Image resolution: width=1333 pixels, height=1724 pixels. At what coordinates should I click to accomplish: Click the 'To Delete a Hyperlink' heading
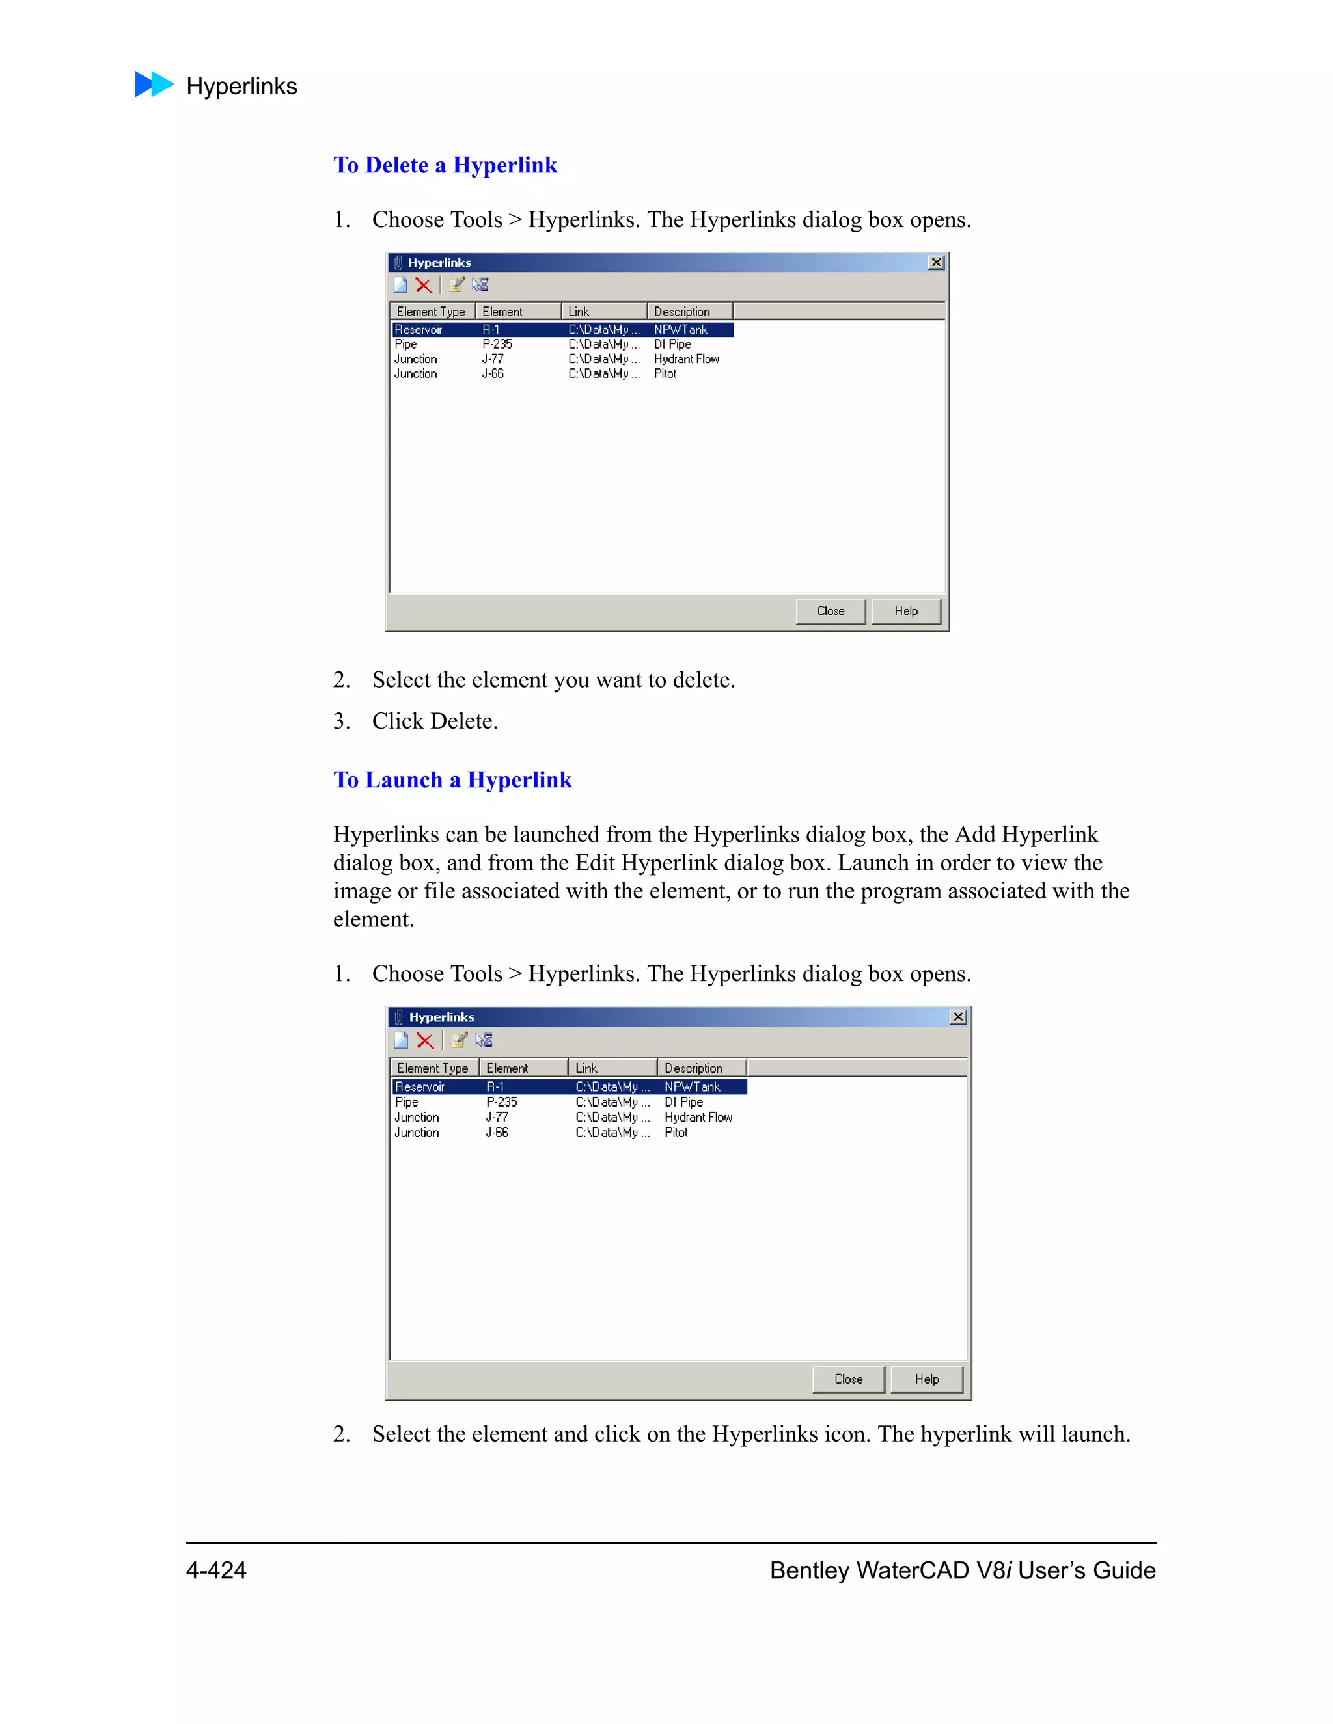click(x=445, y=165)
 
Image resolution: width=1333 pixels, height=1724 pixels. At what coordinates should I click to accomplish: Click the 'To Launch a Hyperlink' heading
click(x=452, y=780)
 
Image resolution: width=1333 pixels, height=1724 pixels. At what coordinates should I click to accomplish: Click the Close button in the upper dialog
click(x=830, y=611)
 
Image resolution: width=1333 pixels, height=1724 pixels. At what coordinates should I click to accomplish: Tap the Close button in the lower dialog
click(x=848, y=1379)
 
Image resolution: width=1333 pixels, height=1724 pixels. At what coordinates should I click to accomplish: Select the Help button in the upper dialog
click(x=906, y=611)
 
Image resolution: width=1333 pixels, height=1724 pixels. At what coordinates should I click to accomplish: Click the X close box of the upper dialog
click(x=936, y=262)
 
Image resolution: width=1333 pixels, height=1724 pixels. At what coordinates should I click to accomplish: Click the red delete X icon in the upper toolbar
click(x=423, y=285)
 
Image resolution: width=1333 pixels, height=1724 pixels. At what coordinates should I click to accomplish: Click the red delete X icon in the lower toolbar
click(x=425, y=1040)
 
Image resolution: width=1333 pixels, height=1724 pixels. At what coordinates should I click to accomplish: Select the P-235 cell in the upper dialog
click(x=497, y=344)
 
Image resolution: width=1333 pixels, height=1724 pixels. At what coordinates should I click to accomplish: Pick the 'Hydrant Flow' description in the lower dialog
click(x=698, y=1117)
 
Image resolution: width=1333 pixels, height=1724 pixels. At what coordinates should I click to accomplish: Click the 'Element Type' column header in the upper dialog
click(x=430, y=312)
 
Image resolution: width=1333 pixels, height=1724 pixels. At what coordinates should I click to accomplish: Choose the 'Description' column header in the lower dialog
click(x=693, y=1068)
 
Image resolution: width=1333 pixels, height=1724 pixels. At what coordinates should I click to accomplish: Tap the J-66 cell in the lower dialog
click(x=497, y=1132)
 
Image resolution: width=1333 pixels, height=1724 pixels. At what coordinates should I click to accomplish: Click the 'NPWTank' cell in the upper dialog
click(x=680, y=330)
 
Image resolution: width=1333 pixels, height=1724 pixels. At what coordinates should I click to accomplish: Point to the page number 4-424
click(x=215, y=1570)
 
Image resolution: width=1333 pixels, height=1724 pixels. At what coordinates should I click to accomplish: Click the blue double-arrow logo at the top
click(x=153, y=85)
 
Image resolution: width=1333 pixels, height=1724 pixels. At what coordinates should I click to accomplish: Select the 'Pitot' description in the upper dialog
click(x=665, y=373)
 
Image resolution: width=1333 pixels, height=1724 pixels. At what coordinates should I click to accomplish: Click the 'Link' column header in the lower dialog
click(x=586, y=1068)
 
